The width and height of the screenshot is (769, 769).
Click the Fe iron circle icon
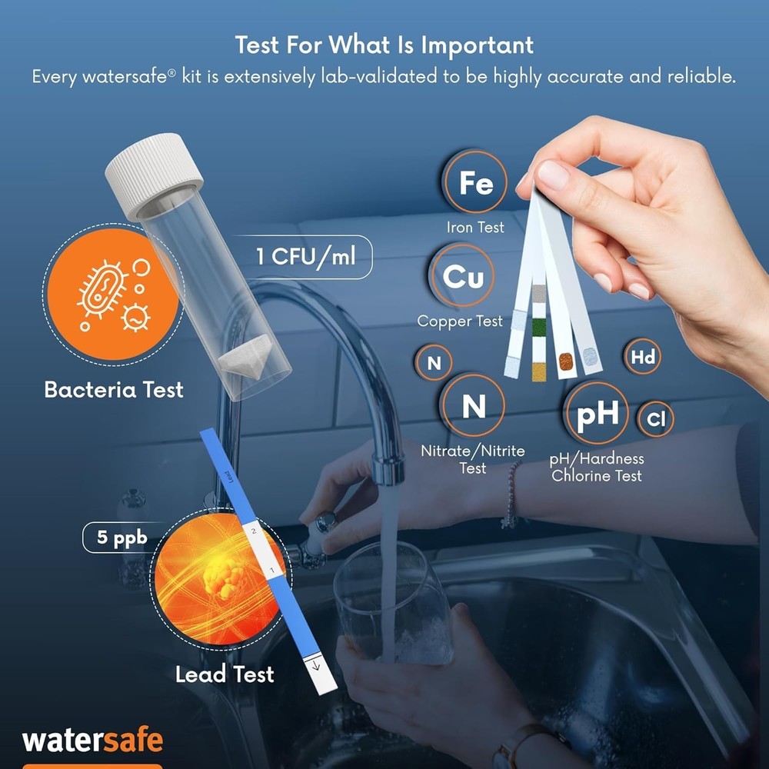[x=475, y=183]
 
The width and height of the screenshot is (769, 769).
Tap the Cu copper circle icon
[x=464, y=277]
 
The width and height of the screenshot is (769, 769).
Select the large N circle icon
[x=473, y=406]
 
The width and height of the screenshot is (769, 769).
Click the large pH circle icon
[x=597, y=414]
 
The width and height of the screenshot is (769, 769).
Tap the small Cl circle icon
[x=655, y=420]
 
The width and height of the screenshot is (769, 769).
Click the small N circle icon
[x=434, y=363]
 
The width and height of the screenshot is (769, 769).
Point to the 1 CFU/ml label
[x=306, y=256]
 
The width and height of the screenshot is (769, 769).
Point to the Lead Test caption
[x=224, y=675]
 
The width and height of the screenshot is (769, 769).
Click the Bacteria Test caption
[x=114, y=389]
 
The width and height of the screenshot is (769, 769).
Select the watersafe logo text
[x=92, y=740]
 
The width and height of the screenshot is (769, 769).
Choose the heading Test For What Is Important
[x=384, y=45]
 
